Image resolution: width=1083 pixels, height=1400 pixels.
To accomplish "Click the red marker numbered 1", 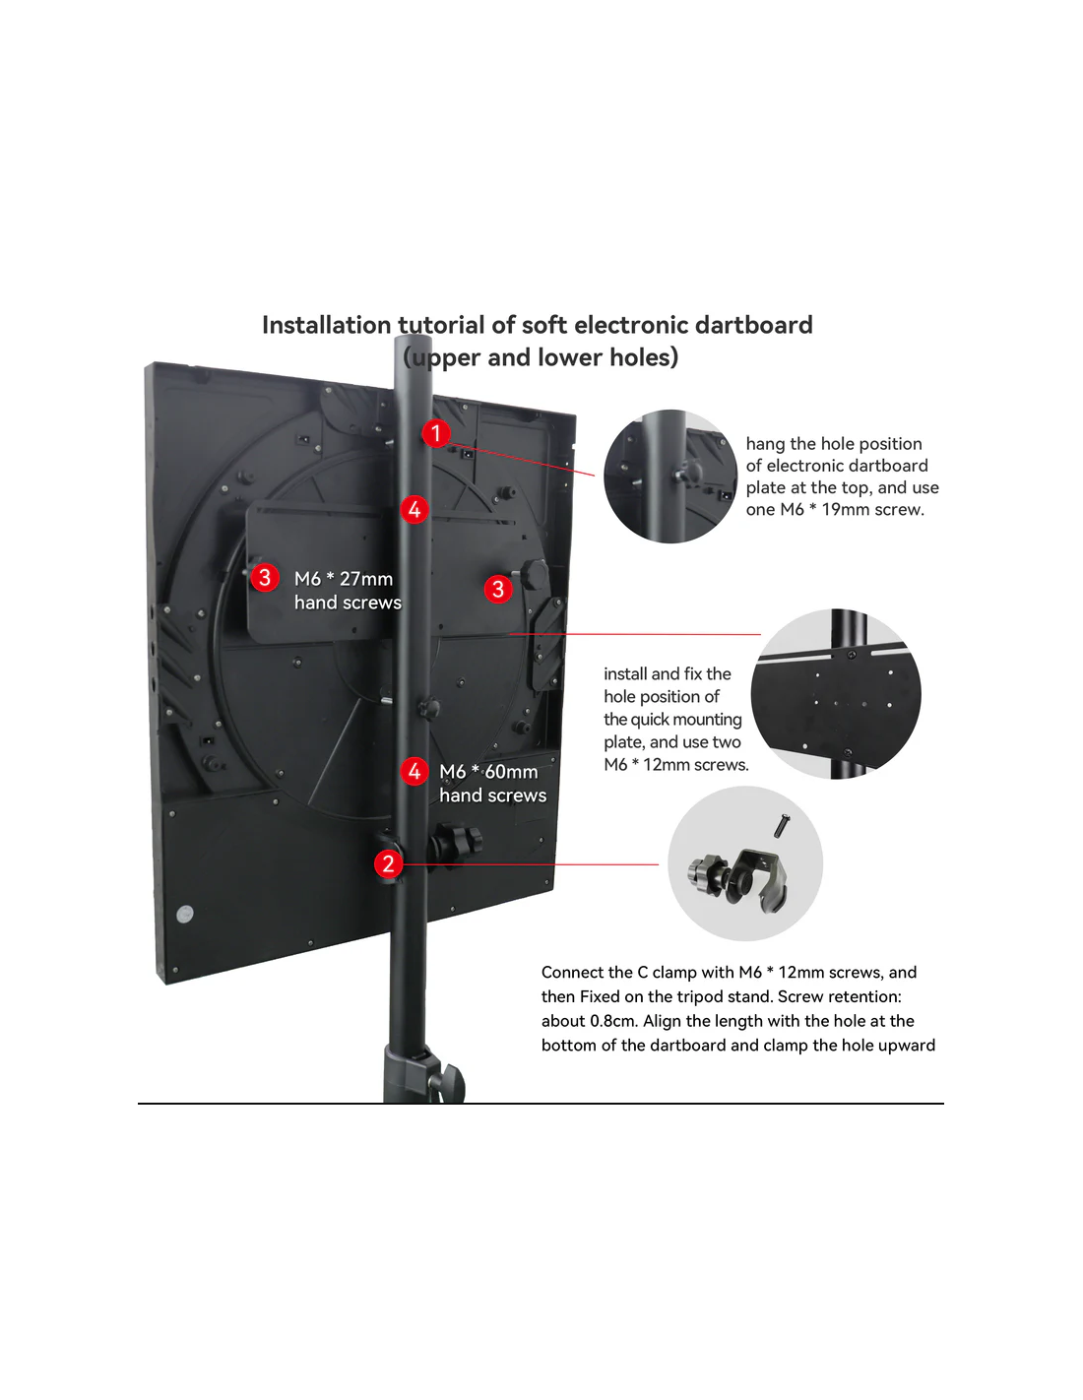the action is (x=435, y=433).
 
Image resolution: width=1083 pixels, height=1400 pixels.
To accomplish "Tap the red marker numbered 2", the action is (x=388, y=863).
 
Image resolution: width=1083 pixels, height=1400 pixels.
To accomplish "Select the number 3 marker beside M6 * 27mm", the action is (x=264, y=577).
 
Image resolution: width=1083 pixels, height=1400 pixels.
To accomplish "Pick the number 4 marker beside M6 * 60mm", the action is (x=414, y=771).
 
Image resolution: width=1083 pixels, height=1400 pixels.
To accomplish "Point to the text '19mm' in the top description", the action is (x=846, y=510).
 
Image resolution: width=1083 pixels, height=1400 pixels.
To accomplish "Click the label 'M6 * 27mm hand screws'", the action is (x=348, y=591).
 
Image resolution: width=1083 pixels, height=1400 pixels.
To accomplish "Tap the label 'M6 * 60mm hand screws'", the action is (x=493, y=784).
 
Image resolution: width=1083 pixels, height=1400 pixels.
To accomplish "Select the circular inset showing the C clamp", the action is (x=744, y=863).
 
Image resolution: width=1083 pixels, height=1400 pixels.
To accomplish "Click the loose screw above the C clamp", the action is (x=782, y=825).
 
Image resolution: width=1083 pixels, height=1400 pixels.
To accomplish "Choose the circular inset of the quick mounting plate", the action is (x=836, y=694).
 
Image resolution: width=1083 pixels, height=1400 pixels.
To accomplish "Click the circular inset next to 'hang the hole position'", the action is (x=670, y=477).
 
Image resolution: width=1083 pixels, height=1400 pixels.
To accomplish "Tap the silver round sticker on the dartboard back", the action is (x=185, y=913).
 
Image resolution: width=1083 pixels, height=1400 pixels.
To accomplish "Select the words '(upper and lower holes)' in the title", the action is (x=541, y=357).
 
